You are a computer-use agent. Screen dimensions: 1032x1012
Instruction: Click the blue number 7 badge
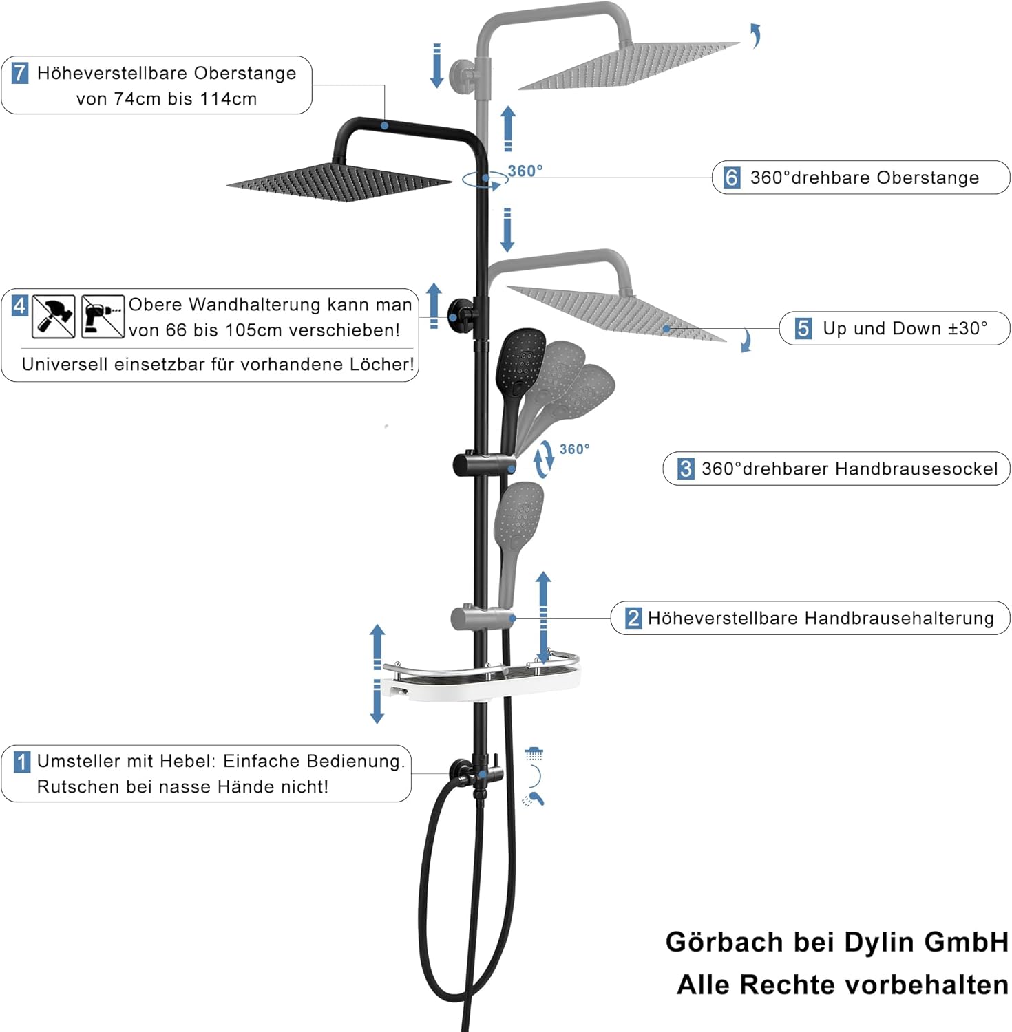[x=21, y=73]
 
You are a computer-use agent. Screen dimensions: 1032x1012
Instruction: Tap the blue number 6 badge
[x=731, y=178]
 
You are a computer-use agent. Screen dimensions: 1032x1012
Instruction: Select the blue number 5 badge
[x=803, y=328]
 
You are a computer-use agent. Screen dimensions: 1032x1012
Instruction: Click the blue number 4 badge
[x=20, y=305]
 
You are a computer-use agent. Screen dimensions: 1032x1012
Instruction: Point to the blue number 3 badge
[x=686, y=469]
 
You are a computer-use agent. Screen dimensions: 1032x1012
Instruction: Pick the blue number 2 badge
[x=633, y=618]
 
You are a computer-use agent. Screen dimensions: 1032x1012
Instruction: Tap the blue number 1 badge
[x=22, y=762]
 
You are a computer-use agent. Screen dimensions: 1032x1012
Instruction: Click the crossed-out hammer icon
[x=54, y=316]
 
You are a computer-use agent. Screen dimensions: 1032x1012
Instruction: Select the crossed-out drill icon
[x=103, y=316]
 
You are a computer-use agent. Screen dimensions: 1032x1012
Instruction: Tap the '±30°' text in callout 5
[x=967, y=328]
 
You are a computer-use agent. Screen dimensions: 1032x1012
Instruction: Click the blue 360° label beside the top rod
[x=525, y=171]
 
